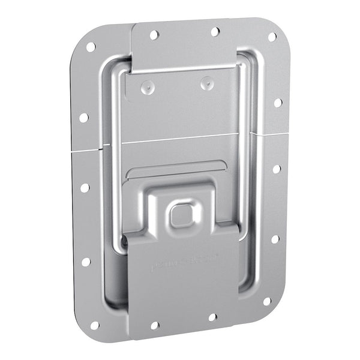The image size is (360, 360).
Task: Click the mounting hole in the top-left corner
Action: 91,47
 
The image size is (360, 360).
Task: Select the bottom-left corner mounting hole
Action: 94,325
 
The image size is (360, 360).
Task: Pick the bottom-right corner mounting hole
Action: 267,301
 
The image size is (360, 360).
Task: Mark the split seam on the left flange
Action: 86,149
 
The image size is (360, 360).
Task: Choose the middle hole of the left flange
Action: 85,188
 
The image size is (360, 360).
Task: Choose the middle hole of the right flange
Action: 277,169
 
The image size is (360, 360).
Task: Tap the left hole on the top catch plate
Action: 154,35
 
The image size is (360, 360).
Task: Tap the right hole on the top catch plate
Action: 215,31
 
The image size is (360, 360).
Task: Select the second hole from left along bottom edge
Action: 154,325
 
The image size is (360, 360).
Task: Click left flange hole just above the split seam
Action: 83,118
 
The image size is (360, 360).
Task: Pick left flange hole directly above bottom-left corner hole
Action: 86,262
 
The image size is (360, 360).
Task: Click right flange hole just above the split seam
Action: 278,103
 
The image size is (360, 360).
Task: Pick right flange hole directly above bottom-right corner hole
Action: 275,239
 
